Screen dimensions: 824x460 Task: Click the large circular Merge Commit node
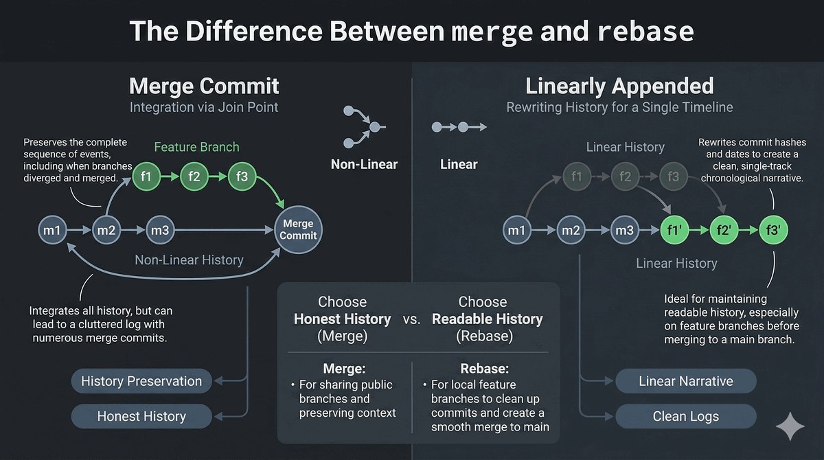298,230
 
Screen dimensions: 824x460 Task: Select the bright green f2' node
724,230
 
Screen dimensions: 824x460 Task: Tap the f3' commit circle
773,230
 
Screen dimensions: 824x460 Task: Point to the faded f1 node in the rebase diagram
577,176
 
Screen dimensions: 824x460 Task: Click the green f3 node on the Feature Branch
242,176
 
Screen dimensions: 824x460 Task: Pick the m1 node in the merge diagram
52,230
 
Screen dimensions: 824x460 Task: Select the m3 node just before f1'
625,230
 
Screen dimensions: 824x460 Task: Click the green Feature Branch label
196,147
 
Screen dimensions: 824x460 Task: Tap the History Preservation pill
141,381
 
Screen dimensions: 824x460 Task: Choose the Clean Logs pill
686,416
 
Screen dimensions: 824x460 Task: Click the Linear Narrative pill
686,381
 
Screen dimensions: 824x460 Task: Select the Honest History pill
141,416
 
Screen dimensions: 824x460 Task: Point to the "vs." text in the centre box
411,319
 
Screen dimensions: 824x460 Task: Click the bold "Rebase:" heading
485,369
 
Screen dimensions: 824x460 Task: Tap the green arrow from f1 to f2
170,176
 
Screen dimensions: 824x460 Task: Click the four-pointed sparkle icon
790,426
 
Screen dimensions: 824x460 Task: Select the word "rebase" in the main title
645,32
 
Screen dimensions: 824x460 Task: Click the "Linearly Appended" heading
619,86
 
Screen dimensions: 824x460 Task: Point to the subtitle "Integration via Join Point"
204,107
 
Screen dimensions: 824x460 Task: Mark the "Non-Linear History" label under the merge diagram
189,260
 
